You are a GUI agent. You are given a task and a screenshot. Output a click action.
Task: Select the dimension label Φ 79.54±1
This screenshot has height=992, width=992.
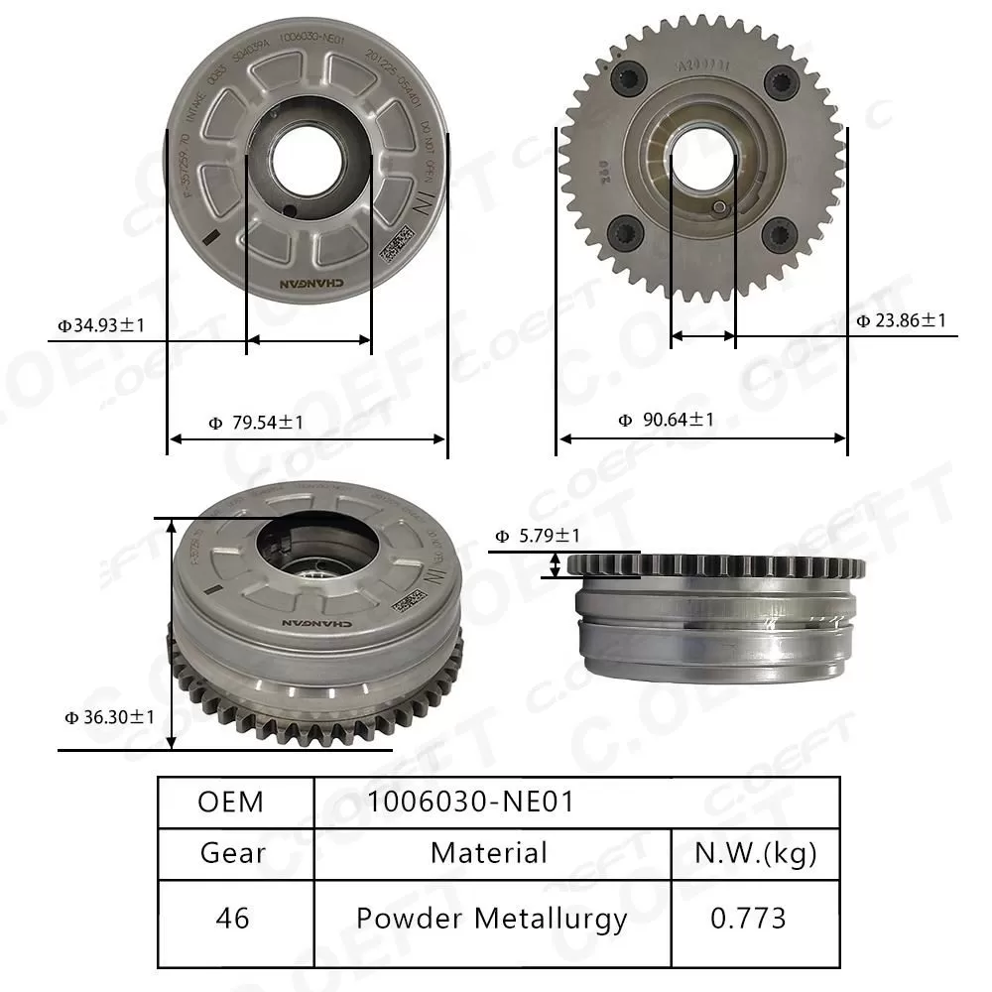[x=256, y=423]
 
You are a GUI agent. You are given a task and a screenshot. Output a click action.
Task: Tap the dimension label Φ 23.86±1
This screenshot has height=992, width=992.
[x=901, y=320]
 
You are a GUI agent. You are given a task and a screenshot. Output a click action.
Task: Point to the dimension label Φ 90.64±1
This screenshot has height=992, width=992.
[x=666, y=420]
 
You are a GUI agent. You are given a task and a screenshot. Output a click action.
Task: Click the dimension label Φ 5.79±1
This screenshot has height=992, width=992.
[x=538, y=537]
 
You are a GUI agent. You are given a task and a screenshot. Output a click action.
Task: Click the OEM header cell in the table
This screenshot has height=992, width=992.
[x=231, y=802]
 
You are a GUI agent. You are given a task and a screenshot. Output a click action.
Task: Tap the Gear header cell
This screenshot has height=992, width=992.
[x=233, y=852]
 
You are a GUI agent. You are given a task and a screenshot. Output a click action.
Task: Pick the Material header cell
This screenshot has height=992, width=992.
[x=489, y=852]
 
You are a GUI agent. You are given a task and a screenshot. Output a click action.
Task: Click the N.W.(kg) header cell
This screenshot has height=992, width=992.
[x=756, y=852]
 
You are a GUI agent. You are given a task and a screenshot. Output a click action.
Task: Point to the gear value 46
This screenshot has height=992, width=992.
[x=233, y=919]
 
